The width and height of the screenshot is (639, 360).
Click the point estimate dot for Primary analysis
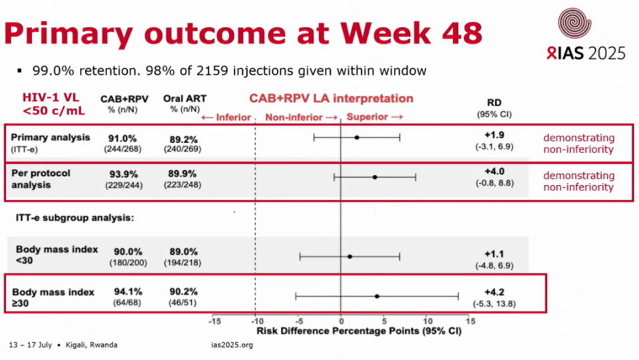pyautogui.click(x=357, y=138)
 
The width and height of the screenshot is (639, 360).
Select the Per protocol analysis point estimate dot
pyautogui.click(x=375, y=177)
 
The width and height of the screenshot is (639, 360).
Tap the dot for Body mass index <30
pyautogui.click(x=349, y=256)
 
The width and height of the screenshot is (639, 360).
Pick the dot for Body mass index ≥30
pyautogui.click(x=377, y=296)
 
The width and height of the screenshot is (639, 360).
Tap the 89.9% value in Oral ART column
pyautogui.click(x=179, y=174)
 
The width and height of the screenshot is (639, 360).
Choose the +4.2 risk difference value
pyautogui.click(x=499, y=291)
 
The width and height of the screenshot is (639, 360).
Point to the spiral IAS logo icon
pyautogui.click(x=574, y=24)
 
